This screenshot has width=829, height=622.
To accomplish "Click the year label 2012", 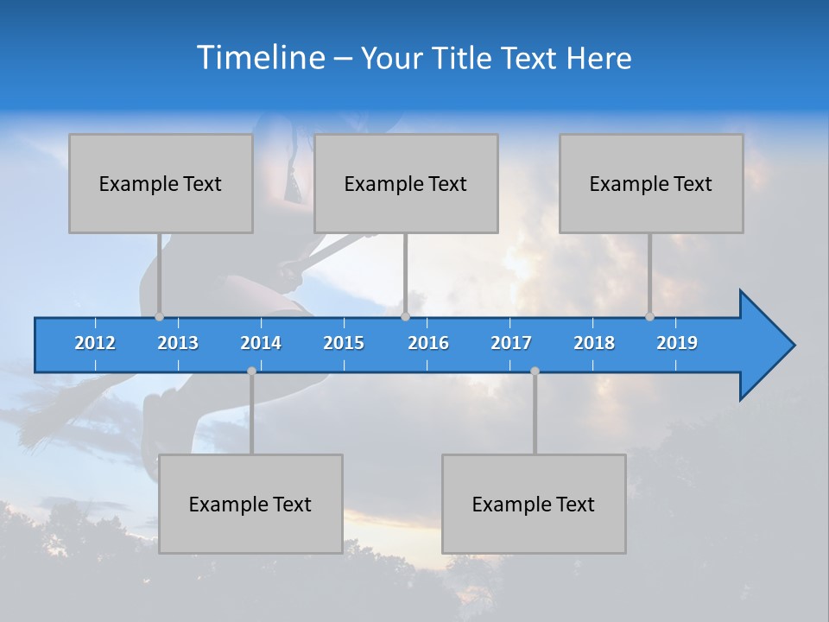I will coord(95,343).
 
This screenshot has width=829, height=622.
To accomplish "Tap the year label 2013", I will coord(178,343).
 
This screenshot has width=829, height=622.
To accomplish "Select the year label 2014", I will coord(261,343).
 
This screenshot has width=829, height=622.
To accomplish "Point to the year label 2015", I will coord(344,343).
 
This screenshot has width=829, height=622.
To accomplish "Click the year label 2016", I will coord(428,343).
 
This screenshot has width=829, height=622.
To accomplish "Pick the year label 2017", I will coord(511,343).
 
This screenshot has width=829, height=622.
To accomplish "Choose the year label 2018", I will coord(594,343).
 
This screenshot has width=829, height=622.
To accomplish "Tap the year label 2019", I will coord(677,343).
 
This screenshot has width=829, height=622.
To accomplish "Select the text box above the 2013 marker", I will coord(161,183).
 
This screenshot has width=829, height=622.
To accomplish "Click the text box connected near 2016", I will coord(406,183).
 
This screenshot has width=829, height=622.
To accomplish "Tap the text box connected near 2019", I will coord(651,183).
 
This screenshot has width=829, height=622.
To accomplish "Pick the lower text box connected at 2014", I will coord(250,504).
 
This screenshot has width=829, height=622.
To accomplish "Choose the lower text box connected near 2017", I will coord(534,504).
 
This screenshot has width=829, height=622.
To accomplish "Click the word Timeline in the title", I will coord(259,57).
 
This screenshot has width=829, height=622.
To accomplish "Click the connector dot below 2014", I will coord(251,371).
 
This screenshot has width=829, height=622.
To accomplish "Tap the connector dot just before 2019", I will coord(649,316).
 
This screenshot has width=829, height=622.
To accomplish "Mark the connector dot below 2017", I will coord(535,371).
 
